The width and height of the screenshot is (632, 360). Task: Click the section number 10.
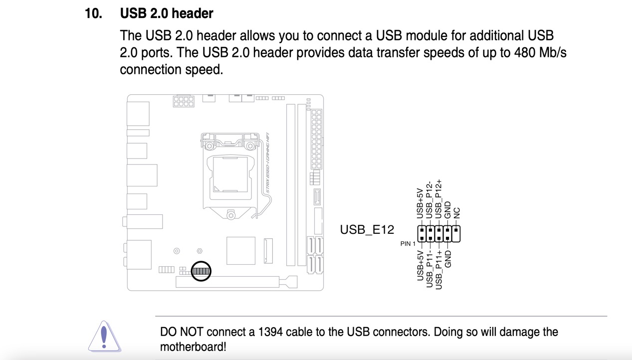click(x=93, y=13)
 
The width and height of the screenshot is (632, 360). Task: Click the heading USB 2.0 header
click(x=167, y=13)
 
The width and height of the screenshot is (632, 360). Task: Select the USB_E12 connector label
click(x=367, y=230)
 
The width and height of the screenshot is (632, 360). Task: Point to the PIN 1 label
click(x=408, y=244)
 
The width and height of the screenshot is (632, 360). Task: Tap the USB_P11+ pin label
click(x=438, y=269)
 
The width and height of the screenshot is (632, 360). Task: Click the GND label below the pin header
click(x=447, y=259)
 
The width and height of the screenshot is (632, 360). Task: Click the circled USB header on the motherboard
click(x=201, y=271)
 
